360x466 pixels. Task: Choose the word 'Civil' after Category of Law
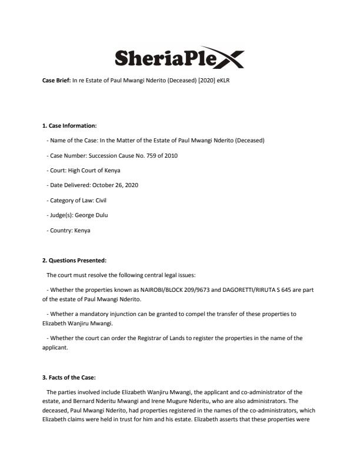click(x=101, y=201)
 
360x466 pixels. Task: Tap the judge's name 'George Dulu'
click(x=91, y=215)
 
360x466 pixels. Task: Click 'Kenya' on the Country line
click(x=82, y=231)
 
